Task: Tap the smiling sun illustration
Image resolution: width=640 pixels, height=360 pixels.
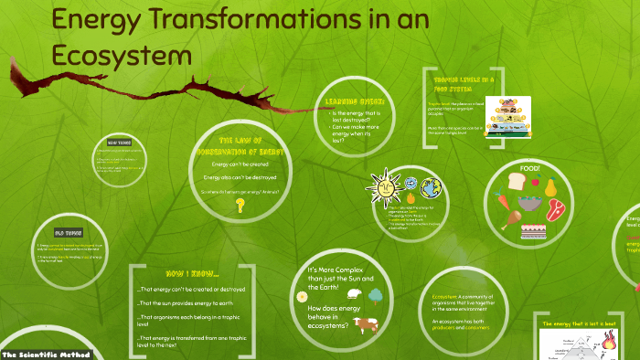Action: pyautogui.click(x=383, y=187)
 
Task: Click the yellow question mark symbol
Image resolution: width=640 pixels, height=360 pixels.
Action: pyautogui.click(x=240, y=206)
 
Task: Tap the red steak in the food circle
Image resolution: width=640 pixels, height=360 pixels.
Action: pyautogui.click(x=555, y=211)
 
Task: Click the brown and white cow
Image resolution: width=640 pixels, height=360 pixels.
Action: pyautogui.click(x=367, y=324)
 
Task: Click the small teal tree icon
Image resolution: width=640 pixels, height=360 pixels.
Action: pyautogui.click(x=374, y=295)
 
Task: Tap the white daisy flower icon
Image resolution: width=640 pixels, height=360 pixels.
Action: pyautogui.click(x=302, y=296)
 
